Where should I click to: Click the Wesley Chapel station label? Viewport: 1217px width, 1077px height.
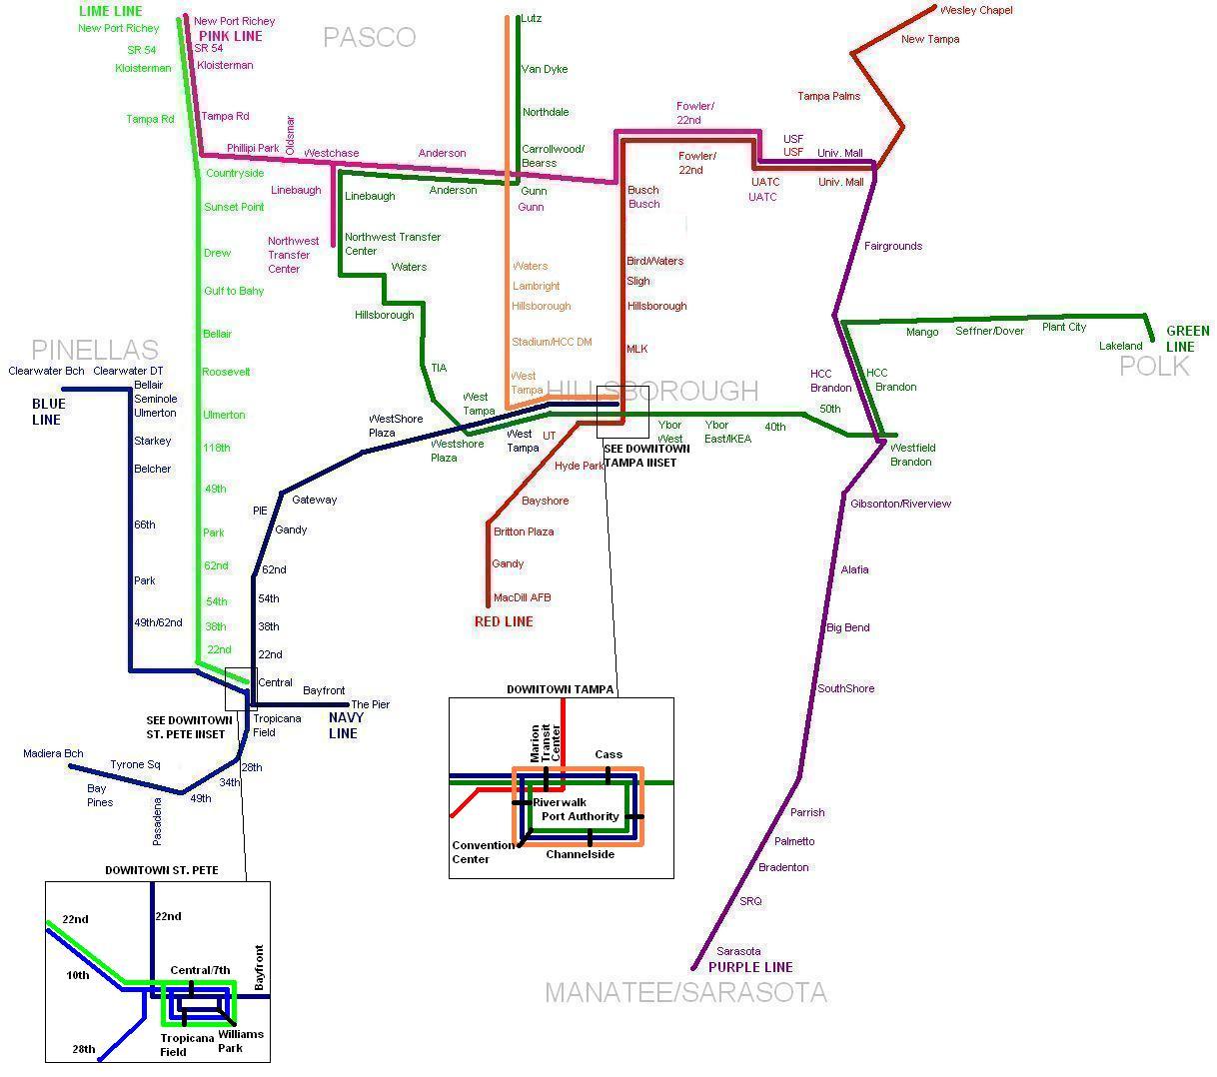tap(976, 10)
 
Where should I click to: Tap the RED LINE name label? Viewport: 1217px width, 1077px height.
tap(504, 621)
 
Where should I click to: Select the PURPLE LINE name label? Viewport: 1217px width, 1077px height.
tap(750, 967)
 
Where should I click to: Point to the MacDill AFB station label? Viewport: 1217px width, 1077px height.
tap(523, 597)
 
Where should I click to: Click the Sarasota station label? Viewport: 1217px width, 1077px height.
tap(738, 951)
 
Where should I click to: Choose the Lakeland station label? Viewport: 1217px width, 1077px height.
tap(1120, 346)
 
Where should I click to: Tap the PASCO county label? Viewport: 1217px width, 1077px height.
tap(369, 38)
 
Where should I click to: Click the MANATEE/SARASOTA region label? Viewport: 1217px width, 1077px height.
tap(685, 993)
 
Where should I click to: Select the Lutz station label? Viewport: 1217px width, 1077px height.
tap(532, 19)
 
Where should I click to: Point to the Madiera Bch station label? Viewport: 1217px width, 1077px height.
tap(53, 753)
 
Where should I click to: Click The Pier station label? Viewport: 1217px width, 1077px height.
tap(371, 704)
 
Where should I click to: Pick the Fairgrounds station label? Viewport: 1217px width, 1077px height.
tap(893, 246)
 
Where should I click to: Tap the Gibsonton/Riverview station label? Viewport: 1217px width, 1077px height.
tap(900, 504)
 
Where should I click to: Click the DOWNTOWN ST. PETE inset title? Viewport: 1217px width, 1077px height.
tap(162, 870)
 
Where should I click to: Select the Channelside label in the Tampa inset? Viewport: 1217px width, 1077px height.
tap(580, 854)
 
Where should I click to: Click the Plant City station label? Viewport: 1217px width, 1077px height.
tap(1063, 327)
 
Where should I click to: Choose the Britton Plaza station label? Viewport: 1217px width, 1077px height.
tap(524, 532)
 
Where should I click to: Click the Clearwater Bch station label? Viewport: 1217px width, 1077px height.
tap(46, 371)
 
